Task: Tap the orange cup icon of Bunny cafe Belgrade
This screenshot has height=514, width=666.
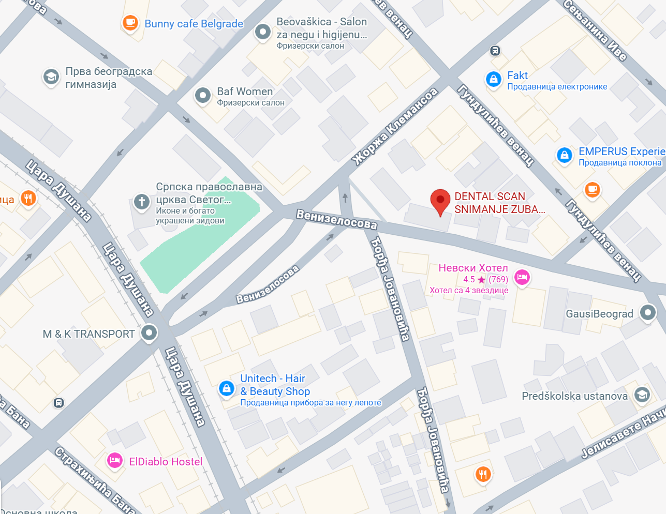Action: point(130,23)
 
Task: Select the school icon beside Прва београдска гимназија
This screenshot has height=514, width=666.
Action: point(51,77)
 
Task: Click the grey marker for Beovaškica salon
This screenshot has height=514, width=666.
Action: point(263,32)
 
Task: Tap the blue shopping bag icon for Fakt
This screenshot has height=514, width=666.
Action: point(494,79)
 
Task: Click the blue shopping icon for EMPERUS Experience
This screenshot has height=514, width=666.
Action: point(565,155)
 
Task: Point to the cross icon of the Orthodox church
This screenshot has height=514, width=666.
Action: point(142,202)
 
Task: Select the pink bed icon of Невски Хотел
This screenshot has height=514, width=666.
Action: point(522,278)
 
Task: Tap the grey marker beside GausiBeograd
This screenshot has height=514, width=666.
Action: point(648,312)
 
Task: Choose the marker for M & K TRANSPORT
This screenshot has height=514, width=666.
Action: point(149,333)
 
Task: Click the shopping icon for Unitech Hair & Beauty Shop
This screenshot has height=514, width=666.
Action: point(226,388)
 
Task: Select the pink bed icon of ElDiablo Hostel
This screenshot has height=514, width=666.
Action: point(115,460)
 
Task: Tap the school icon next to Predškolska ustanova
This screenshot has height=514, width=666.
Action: point(642,395)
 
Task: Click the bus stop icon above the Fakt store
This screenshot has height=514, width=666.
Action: point(495,51)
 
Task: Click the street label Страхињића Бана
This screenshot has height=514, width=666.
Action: point(95,480)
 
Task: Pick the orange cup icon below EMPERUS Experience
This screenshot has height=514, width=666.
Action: point(593,190)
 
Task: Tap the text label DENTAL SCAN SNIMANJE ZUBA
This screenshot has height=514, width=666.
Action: point(499,203)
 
